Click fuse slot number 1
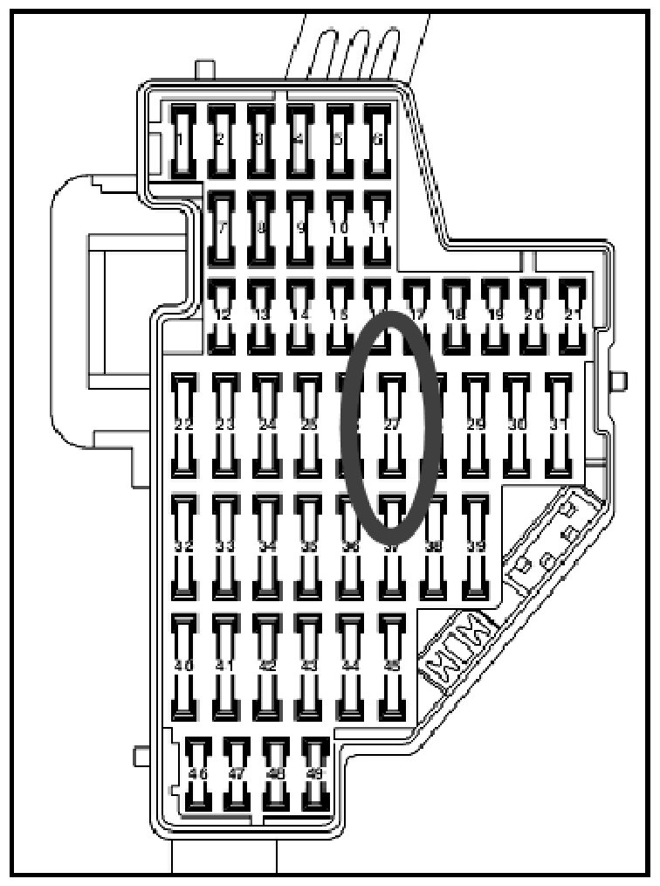182,140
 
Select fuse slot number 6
377,140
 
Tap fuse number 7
222,227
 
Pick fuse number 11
377,227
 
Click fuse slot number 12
222,315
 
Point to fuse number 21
572,315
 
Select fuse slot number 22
183,424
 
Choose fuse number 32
183,546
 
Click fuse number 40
183,665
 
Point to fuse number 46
199,774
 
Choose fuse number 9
300,227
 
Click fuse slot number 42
267,665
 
